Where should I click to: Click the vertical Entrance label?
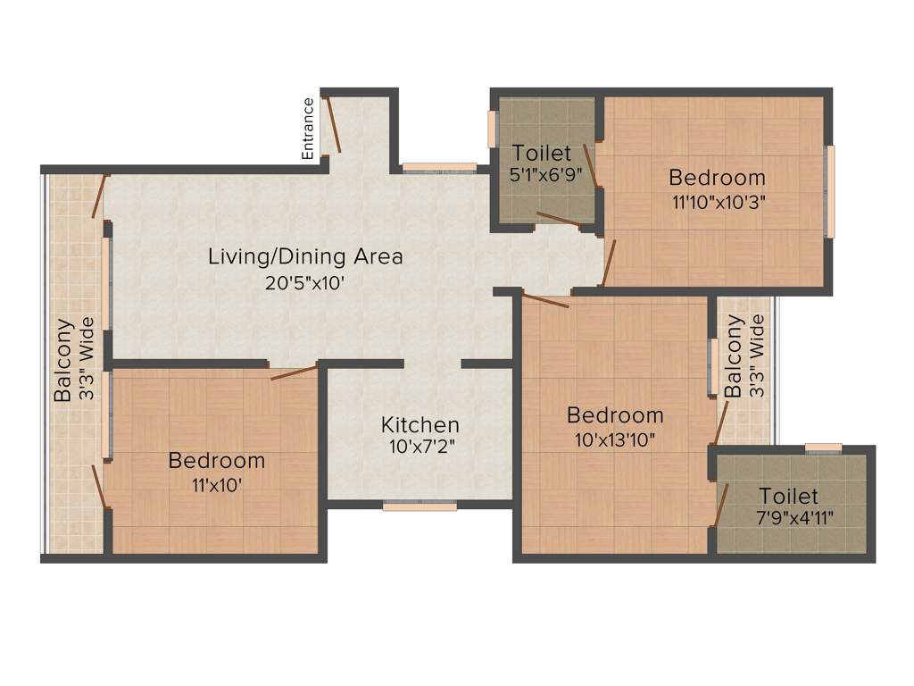click(x=309, y=128)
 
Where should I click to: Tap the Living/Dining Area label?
click(x=305, y=256)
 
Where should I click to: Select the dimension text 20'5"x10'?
click(x=305, y=283)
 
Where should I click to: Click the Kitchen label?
click(x=420, y=424)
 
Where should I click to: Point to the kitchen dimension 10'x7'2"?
click(x=420, y=447)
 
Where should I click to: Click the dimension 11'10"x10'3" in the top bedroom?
click(x=718, y=201)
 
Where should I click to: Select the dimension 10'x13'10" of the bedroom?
click(x=615, y=439)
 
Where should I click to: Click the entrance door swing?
click(x=333, y=125)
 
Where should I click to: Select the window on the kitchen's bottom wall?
click(x=420, y=506)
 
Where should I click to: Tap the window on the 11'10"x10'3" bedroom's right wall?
click(x=829, y=192)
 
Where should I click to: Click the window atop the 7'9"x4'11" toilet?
click(x=822, y=448)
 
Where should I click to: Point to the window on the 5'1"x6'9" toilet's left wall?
click(x=492, y=129)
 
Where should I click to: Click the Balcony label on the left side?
click(x=63, y=360)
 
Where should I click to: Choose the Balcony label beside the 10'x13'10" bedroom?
click(x=734, y=356)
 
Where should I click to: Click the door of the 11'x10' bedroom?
click(x=294, y=372)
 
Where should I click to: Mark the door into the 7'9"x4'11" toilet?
click(x=721, y=506)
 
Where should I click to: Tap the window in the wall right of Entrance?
click(x=438, y=167)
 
